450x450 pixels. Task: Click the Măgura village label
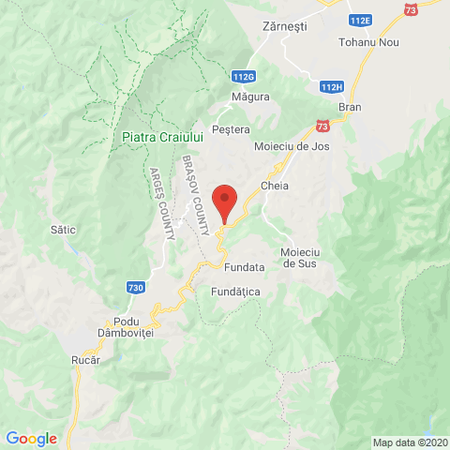click(x=251, y=97)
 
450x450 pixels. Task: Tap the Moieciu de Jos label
click(x=292, y=147)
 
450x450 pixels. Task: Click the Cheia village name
click(x=275, y=186)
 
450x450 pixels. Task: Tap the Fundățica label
click(x=235, y=292)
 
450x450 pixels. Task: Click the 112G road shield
click(x=243, y=76)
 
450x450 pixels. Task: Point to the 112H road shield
click(x=330, y=87)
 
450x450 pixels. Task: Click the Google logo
click(x=31, y=438)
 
